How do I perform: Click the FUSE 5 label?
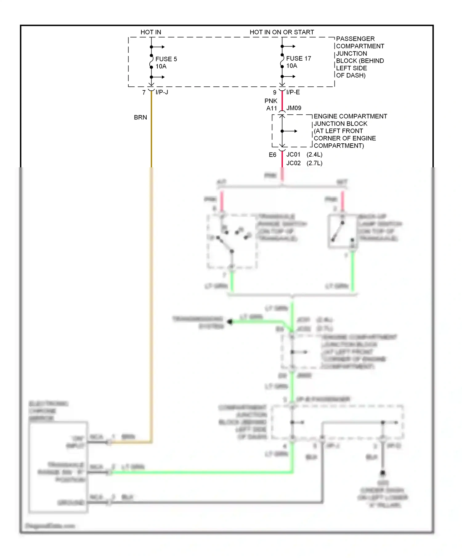click(166, 59)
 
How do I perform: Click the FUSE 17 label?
click(298, 58)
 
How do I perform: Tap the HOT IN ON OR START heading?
click(282, 32)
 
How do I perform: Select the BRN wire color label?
click(140, 117)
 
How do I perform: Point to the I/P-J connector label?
click(162, 92)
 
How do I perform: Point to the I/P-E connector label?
click(293, 92)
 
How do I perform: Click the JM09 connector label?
click(294, 108)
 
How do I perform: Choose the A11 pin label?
click(272, 108)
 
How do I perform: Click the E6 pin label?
click(273, 155)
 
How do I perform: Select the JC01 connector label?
click(293, 154)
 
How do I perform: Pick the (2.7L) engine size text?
click(314, 163)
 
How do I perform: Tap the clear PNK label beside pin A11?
click(271, 101)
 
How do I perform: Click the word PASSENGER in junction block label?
click(355, 39)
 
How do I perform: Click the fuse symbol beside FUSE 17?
click(282, 61)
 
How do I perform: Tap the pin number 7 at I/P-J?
click(144, 92)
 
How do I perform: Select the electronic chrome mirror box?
click(58, 467)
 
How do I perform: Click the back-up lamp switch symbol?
click(342, 231)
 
